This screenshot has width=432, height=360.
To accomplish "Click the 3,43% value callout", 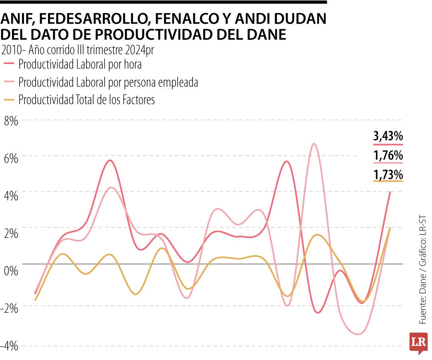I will pos(388,136).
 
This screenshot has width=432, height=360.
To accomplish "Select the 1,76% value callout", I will pos(388,156).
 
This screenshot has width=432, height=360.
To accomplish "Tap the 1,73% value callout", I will pos(388,175).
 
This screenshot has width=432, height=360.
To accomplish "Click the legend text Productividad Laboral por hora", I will pos(80,64).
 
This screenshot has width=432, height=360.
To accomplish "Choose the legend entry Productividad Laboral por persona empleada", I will pos(108,82).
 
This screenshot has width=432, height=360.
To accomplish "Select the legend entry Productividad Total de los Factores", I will pos(86,100).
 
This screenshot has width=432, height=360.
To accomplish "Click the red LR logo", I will pos(418,342).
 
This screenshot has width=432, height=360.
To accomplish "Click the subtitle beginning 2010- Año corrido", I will pos(78,50).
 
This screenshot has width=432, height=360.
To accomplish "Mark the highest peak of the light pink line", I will pos(314,144).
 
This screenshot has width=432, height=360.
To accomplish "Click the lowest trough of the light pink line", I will pos(357,334).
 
